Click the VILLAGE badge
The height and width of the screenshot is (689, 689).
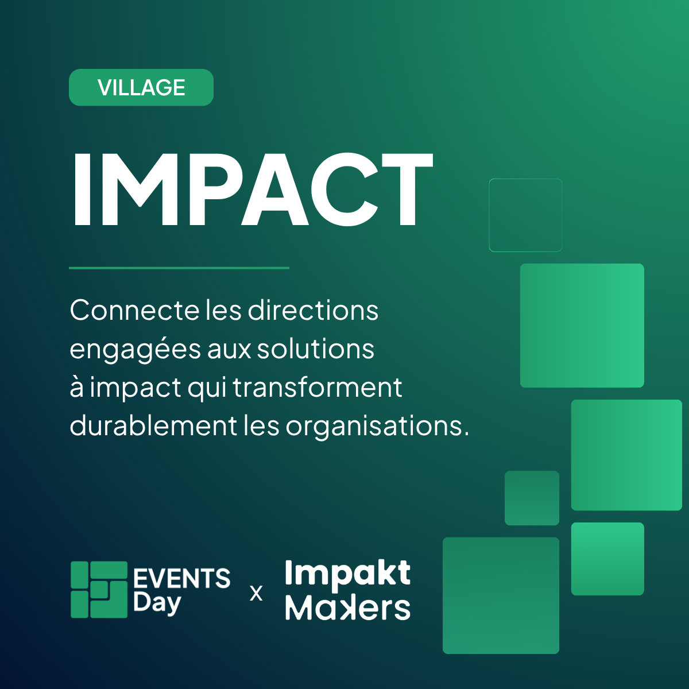(141, 87)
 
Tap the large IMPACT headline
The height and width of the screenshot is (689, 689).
(253, 189)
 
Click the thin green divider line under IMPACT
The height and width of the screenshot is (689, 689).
(179, 268)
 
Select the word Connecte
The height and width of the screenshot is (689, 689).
(134, 310)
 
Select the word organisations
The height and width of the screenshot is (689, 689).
(377, 427)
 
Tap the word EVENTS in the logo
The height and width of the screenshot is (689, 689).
(182, 578)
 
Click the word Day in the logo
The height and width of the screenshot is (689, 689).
(157, 604)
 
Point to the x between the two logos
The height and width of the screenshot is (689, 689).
(256, 594)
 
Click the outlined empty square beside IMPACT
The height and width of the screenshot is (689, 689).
(525, 180)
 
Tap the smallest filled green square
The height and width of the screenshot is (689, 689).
(532, 498)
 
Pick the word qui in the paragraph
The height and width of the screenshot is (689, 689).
(207, 389)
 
